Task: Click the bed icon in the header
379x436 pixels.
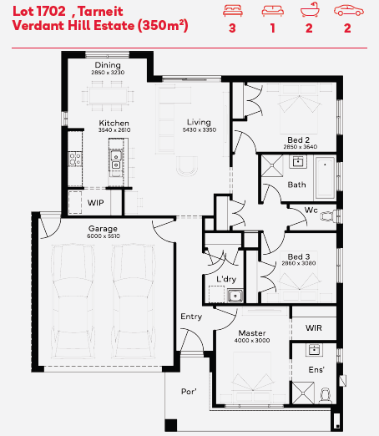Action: click(x=233, y=10)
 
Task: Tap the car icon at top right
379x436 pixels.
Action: click(x=349, y=10)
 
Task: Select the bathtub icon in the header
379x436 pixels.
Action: click(x=310, y=10)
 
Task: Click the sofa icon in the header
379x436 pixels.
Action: click(x=273, y=11)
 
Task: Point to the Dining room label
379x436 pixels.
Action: click(x=108, y=65)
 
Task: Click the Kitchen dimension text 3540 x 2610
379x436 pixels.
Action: click(x=114, y=129)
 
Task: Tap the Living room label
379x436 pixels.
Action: click(x=199, y=122)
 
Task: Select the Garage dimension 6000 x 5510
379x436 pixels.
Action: click(x=104, y=236)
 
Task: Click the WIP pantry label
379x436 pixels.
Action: click(x=95, y=203)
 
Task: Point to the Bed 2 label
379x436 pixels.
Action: click(x=299, y=139)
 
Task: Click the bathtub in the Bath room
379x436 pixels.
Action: click(x=326, y=178)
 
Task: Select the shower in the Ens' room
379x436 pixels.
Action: click(x=303, y=393)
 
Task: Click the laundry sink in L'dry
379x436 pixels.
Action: click(x=235, y=296)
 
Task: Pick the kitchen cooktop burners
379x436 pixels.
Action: click(x=75, y=159)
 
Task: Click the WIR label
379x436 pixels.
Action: click(x=314, y=327)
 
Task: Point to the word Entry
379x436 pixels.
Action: click(x=191, y=317)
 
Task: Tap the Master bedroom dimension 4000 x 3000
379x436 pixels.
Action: click(x=252, y=340)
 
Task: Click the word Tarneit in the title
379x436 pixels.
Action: click(x=100, y=12)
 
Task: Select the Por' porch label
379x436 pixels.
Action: click(x=189, y=392)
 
